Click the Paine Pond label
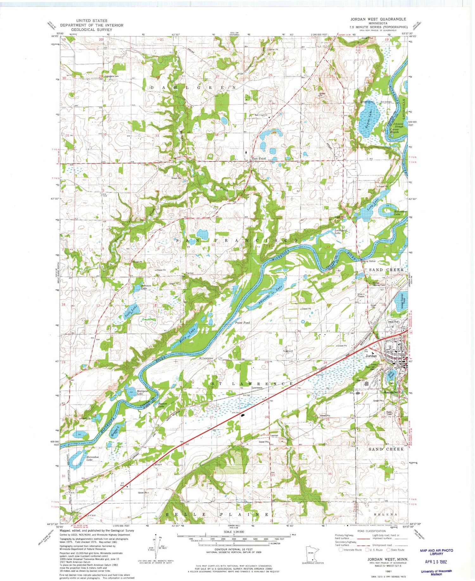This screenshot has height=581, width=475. click(243, 322)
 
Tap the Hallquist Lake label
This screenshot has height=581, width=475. click(141, 392)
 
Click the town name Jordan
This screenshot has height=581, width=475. click(371, 356)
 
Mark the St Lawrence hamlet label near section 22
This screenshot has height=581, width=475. click(206, 358)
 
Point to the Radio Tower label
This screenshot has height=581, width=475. click(389, 413)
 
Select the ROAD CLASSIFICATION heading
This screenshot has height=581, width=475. click(371, 531)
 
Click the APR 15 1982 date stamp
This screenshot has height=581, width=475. click(436, 562)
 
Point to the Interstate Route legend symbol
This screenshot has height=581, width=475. click(341, 550)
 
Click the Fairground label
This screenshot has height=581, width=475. click(288, 351)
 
